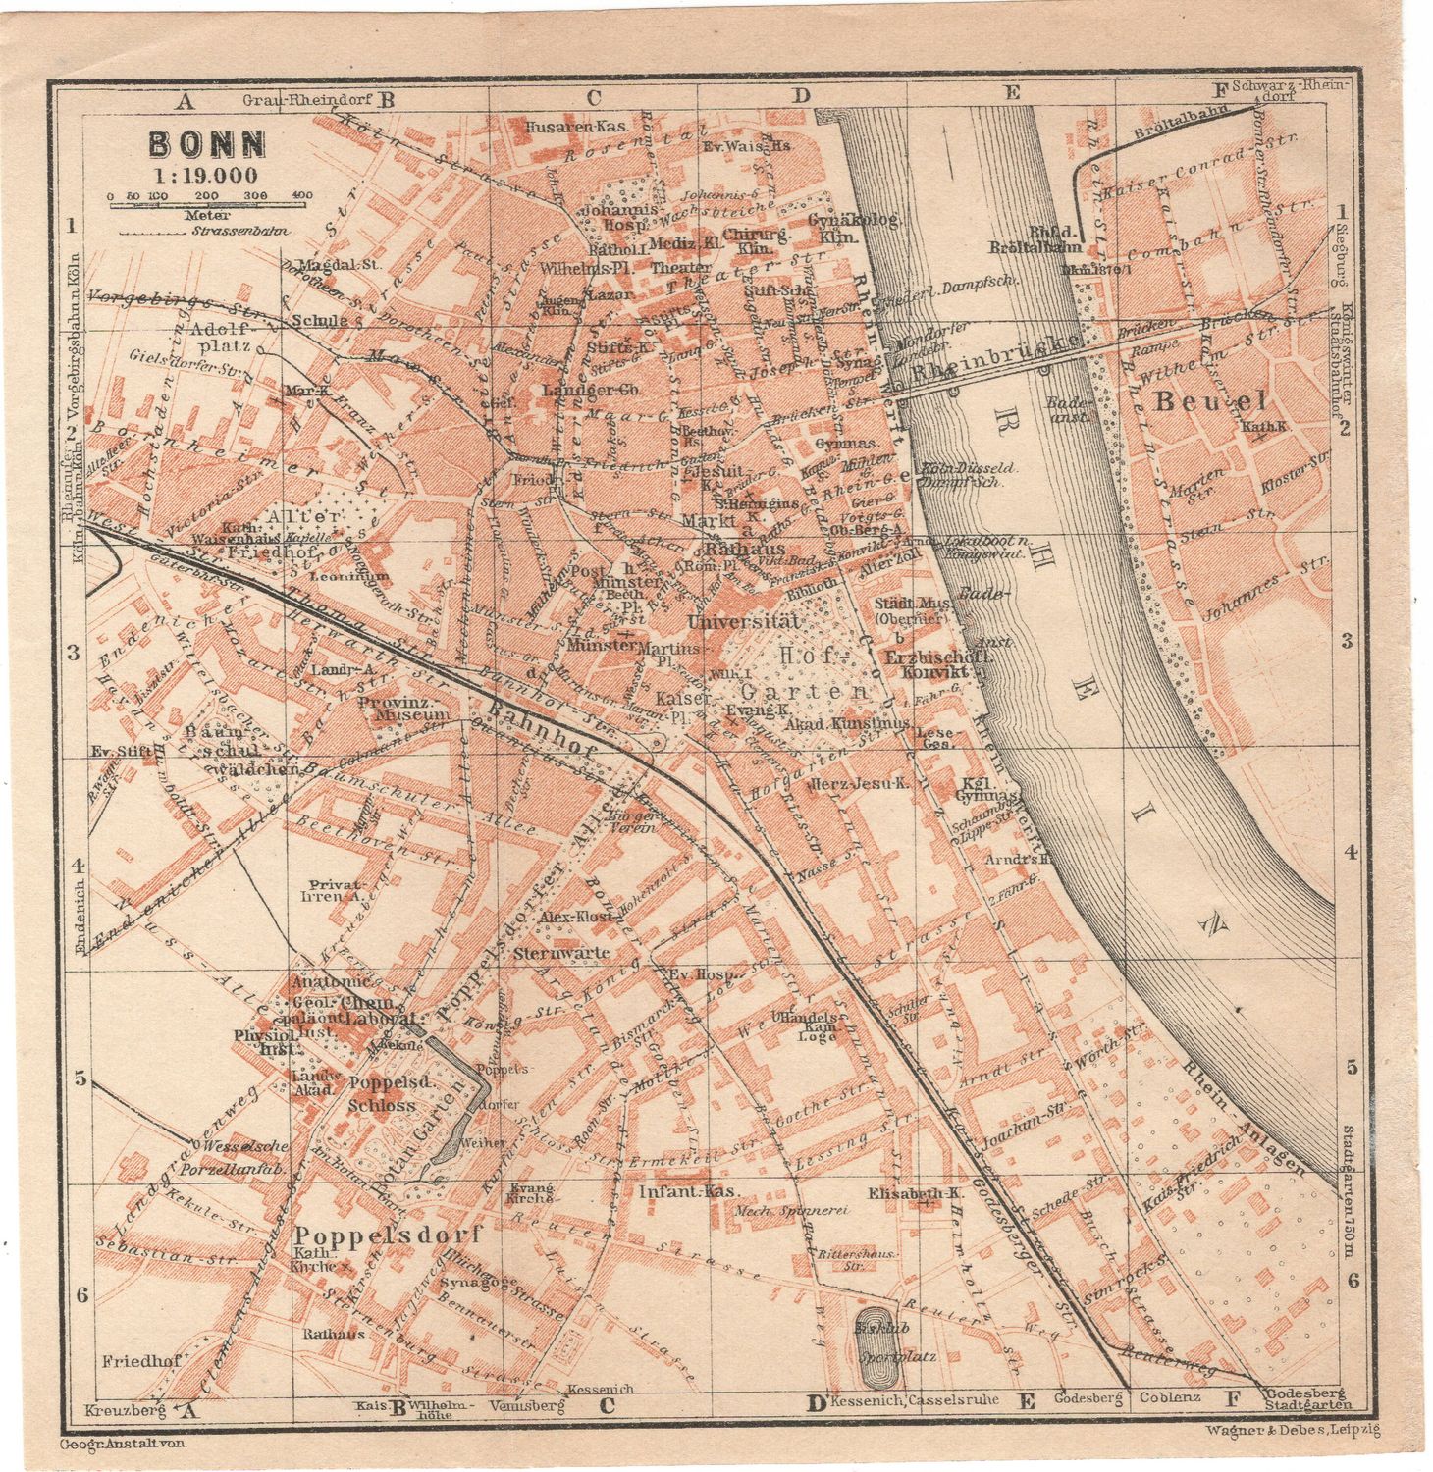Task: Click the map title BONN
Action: click(x=207, y=145)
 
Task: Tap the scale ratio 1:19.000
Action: click(x=204, y=177)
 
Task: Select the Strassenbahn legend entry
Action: click(x=177, y=232)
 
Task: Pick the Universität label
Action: click(x=746, y=621)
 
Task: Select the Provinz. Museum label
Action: click(x=402, y=709)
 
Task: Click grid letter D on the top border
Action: click(x=802, y=95)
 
